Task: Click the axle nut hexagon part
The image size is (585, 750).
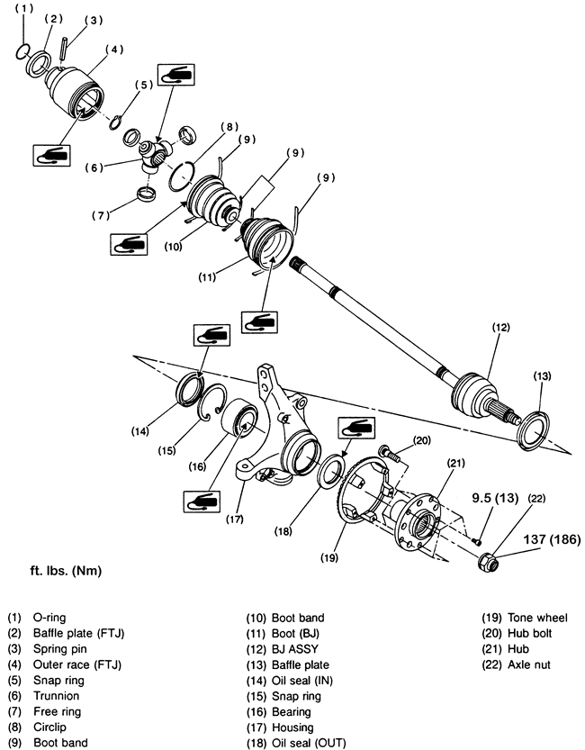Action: [x=489, y=561]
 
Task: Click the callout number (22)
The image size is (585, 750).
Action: [x=536, y=499]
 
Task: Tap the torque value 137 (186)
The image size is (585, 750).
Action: [x=552, y=539]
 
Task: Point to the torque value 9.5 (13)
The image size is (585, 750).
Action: [x=495, y=498]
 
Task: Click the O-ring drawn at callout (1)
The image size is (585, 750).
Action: [x=22, y=52]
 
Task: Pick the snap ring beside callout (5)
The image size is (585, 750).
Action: [x=115, y=122]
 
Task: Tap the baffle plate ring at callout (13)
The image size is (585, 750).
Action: [x=534, y=429]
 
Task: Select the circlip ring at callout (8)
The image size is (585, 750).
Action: [x=182, y=176]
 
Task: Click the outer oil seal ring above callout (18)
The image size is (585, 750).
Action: [x=331, y=471]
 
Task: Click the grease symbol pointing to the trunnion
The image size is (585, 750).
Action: [x=175, y=75]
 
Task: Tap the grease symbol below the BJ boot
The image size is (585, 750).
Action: [x=259, y=322]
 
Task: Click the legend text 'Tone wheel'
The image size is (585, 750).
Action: [x=537, y=618]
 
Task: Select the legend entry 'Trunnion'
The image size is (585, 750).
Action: [x=56, y=696]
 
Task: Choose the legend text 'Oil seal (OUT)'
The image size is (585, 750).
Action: [x=309, y=743]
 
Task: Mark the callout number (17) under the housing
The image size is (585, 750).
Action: [x=235, y=519]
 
